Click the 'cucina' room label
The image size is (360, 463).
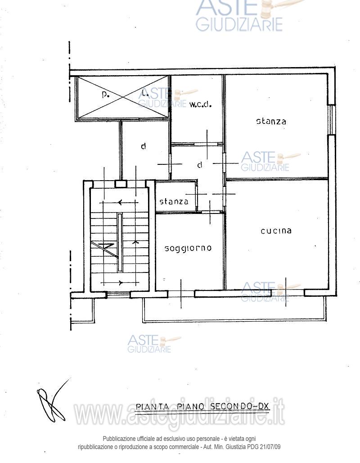[276, 231]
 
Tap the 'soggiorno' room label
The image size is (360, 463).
[188, 249]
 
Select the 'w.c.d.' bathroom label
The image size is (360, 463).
[200, 104]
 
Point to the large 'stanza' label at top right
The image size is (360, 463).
[271, 121]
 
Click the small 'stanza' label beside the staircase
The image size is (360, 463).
[174, 201]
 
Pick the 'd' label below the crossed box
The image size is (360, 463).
[143, 146]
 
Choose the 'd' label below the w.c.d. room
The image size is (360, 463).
[199, 165]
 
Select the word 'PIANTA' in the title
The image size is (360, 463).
[153, 406]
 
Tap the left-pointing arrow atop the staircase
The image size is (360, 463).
[121, 203]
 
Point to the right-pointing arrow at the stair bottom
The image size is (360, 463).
[121, 283]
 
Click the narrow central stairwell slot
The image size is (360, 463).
[120, 242]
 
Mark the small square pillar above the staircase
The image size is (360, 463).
[120, 184]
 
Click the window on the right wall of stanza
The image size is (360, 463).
[332, 119]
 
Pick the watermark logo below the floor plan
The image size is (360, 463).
[151, 344]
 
